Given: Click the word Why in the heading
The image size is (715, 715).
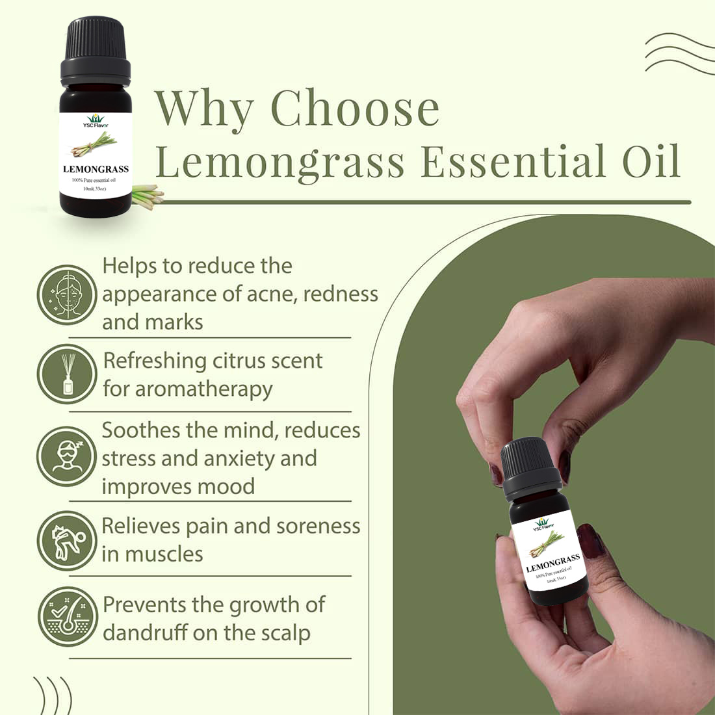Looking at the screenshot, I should (203, 109).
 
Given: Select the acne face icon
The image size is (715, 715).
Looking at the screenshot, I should (66, 295).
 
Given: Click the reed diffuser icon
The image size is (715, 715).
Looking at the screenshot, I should (66, 374).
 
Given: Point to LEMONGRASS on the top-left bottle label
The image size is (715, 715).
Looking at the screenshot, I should (96, 169).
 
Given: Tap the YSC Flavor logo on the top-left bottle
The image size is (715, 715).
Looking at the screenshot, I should (95, 122).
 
